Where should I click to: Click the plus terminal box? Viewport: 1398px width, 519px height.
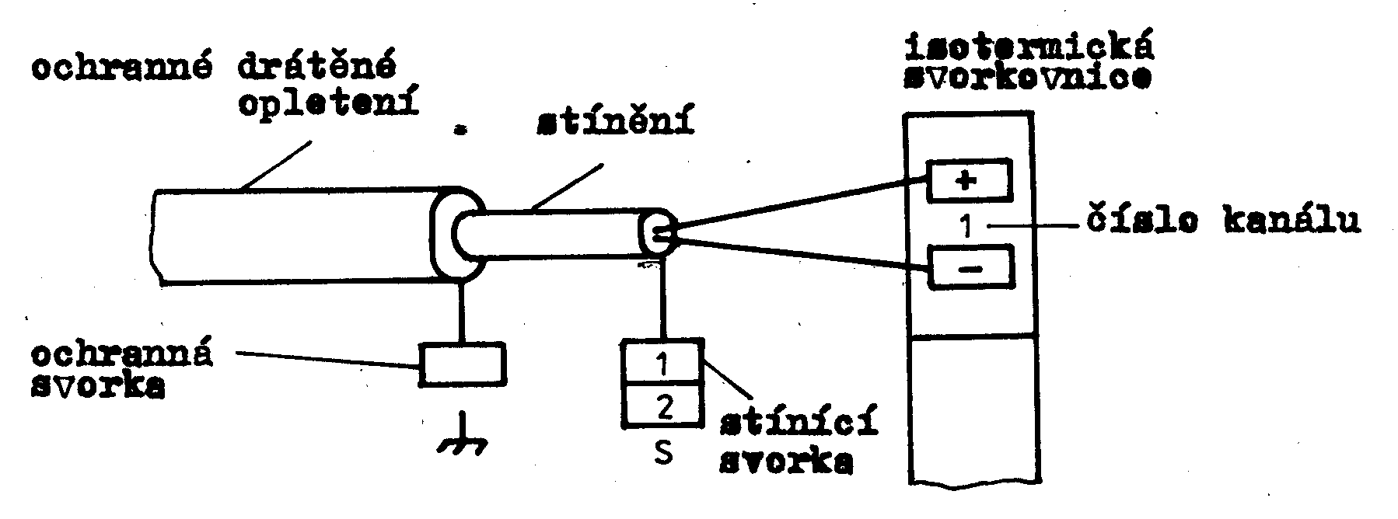tap(967, 180)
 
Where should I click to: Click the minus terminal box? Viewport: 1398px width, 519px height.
tap(972, 268)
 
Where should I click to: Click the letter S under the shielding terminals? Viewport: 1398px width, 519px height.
tap(663, 453)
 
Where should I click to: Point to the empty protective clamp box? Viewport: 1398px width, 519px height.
tap(463, 364)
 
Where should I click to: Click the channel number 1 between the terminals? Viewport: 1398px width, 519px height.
tap(965, 226)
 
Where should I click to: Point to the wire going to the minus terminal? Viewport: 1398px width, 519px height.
tap(801, 254)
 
